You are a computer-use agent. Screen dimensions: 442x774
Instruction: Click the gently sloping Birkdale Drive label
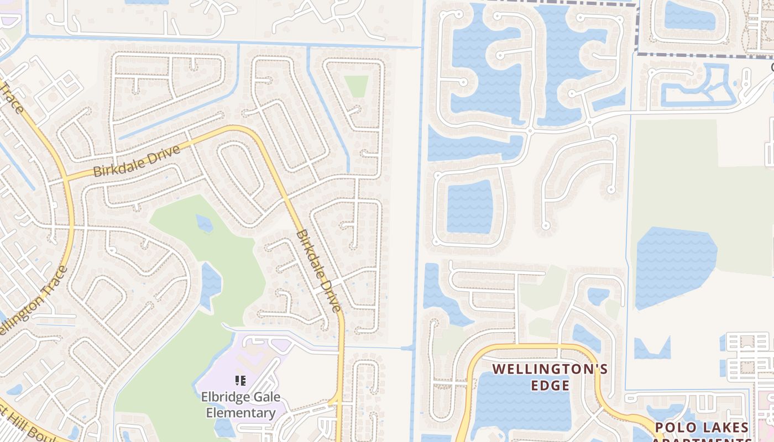(x=137, y=161)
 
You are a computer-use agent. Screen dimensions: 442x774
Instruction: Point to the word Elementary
(x=240, y=413)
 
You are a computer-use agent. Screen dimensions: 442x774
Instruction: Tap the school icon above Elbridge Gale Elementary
(x=240, y=380)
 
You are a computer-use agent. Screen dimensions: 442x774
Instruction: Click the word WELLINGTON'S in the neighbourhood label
(x=550, y=369)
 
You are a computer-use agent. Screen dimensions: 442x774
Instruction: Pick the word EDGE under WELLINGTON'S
(x=550, y=385)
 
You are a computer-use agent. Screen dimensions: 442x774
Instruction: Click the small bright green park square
(x=356, y=86)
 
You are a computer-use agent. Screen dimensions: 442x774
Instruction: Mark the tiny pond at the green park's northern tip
(x=204, y=223)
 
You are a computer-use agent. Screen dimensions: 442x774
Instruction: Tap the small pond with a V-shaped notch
(x=652, y=349)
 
